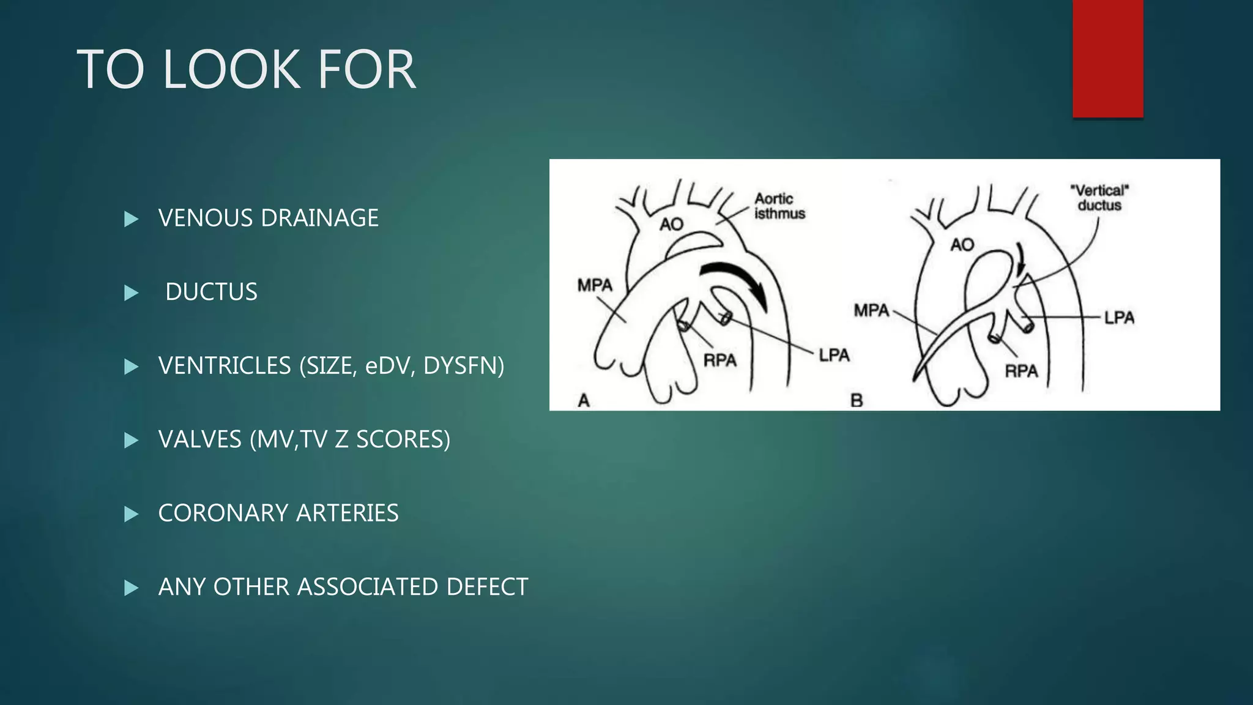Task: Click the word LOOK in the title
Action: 231,70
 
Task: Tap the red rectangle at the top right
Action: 1107,58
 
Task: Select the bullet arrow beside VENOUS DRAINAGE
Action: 131,219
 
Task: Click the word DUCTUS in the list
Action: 211,292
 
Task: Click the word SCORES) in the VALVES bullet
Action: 403,439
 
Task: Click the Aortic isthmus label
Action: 779,206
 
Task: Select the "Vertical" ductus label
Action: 1099,198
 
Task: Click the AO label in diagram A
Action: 671,225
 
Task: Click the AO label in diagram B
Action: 962,245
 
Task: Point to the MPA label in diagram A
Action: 595,285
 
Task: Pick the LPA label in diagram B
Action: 1119,318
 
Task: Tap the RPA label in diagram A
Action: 719,360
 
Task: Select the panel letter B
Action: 857,401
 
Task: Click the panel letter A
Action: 584,401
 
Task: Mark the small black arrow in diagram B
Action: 1019,260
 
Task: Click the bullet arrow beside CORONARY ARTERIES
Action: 131,514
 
